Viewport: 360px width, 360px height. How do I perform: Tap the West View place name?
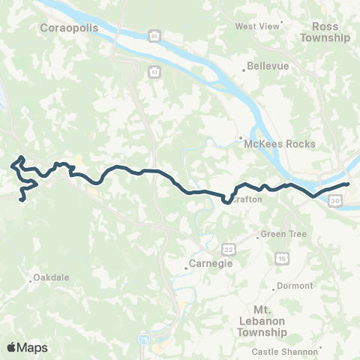tap(256, 26)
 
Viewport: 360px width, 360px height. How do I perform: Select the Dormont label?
tap(293, 286)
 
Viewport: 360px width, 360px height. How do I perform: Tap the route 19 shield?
tap(281, 258)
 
